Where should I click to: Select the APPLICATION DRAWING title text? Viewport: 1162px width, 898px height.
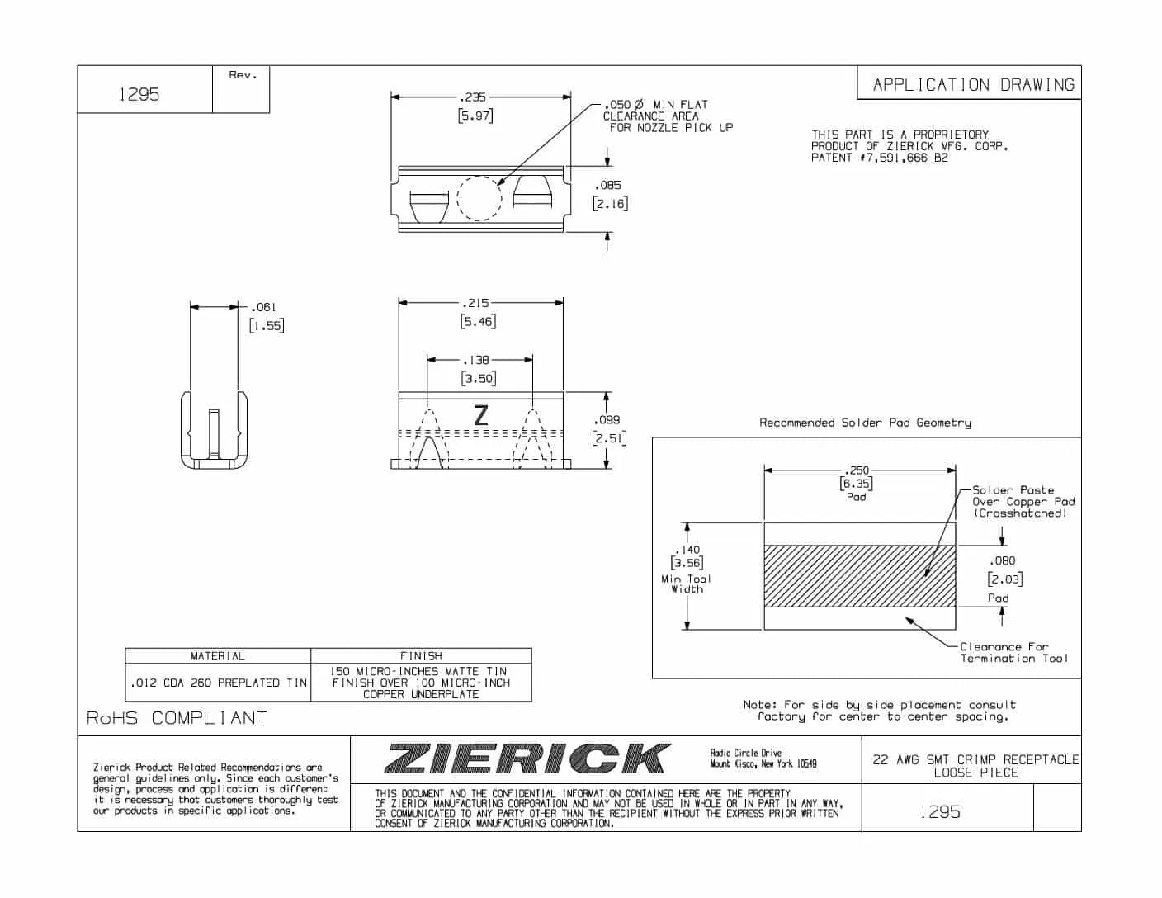[x=973, y=84]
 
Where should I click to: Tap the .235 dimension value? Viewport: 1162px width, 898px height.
[x=474, y=97]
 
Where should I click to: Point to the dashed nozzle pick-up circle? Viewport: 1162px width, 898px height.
[x=479, y=198]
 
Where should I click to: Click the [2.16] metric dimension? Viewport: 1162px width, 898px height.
[x=610, y=203]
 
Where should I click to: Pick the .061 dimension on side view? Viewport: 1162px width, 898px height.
[x=263, y=307]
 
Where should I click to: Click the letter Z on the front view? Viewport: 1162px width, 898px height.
[x=481, y=415]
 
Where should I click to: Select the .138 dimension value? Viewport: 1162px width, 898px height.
[x=476, y=360]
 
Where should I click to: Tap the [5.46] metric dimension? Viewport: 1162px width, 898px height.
[x=478, y=321]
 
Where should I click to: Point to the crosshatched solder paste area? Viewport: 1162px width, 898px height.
[x=859, y=575]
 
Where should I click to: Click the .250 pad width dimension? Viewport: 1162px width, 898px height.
[x=857, y=470]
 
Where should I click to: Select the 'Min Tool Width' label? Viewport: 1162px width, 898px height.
[x=687, y=584]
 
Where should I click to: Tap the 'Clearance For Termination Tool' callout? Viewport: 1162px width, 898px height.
[x=1013, y=653]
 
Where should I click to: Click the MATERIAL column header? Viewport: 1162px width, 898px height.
[x=217, y=656]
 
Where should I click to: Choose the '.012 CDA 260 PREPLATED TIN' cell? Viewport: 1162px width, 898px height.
[x=218, y=683]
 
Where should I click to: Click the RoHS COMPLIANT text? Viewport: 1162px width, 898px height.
[x=177, y=718]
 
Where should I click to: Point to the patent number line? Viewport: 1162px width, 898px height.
[x=879, y=158]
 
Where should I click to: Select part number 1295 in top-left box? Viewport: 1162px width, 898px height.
[x=139, y=94]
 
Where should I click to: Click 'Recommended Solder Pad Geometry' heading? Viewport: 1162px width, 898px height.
[x=865, y=423]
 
